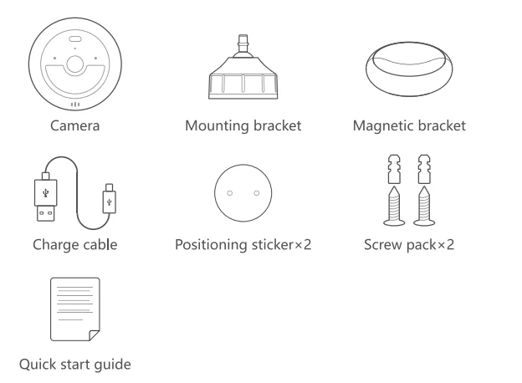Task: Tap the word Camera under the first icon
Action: [76, 126]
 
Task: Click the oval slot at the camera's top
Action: [74, 40]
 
